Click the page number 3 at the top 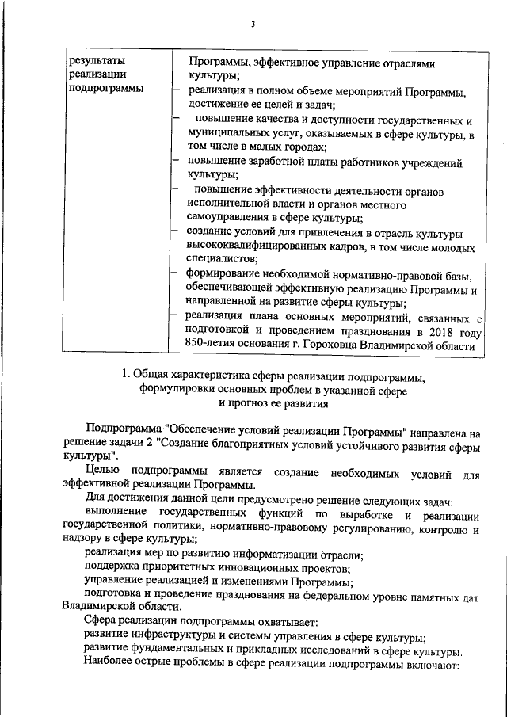(x=253, y=24)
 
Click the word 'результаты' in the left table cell (x=97, y=60)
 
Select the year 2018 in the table (x=436, y=331)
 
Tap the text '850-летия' (x=209, y=345)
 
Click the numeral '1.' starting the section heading (x=124, y=375)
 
